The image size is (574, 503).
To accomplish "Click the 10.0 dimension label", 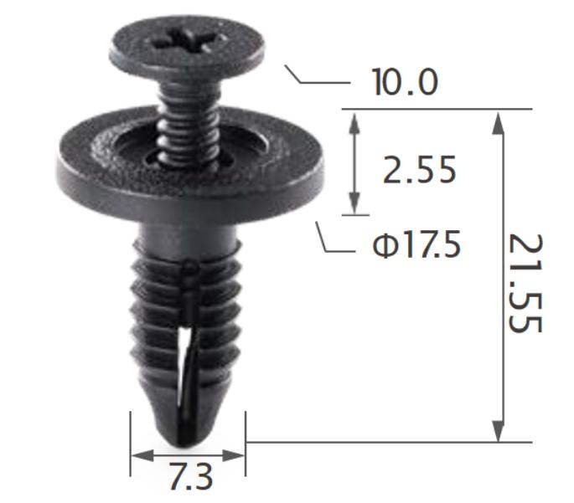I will point(405,83).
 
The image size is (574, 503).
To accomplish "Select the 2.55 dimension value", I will point(419,171).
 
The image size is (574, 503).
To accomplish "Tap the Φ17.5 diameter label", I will point(416,246).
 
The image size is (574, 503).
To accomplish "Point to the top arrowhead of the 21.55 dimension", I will point(499,121).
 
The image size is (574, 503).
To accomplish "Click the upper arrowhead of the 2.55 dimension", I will point(356,121).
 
